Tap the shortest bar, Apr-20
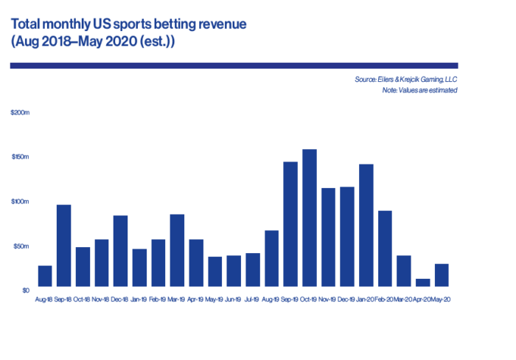point(423,283)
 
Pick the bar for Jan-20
point(366,225)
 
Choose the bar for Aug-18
point(45,276)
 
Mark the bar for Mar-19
point(178,250)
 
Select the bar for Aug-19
point(272,258)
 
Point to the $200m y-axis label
point(19,113)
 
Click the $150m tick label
point(19,157)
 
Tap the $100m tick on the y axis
point(19,201)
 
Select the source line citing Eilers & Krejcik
point(406,79)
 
